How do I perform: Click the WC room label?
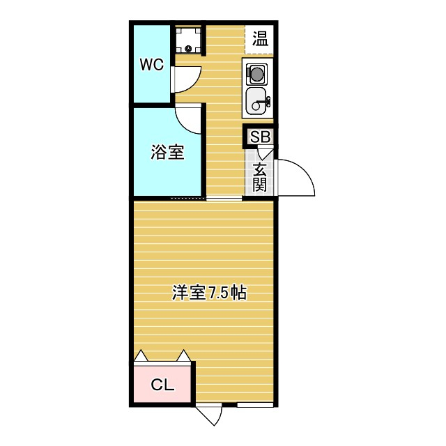click(151, 65)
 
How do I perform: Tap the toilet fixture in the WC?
click(187, 40)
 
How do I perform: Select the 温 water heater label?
click(260, 38)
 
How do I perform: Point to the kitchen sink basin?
click(256, 102)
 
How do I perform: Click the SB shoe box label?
click(260, 137)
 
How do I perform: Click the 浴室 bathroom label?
click(167, 153)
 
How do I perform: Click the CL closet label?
click(162, 384)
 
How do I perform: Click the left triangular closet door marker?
click(141, 356)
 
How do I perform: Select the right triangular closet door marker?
click(185, 356)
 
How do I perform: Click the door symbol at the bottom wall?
click(209, 415)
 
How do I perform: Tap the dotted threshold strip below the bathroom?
click(188, 199)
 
